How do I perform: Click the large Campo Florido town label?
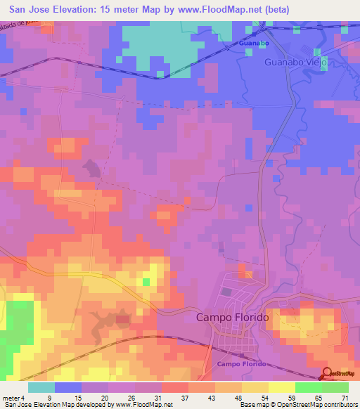(232, 318)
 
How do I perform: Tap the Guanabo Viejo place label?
(296, 62)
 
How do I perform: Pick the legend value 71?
(344, 398)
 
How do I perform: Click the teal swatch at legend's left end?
(41, 387)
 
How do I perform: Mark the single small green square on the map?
(146, 282)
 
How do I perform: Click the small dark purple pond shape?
(91, 167)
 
